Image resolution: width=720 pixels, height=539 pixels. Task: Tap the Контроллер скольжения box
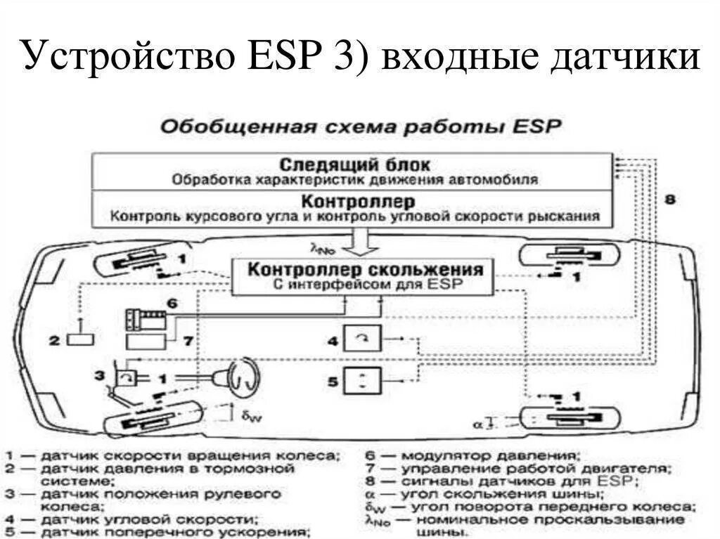coord(362,276)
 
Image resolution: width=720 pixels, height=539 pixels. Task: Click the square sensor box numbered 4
coord(361,341)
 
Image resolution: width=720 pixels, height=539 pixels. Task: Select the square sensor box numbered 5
coord(361,383)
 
